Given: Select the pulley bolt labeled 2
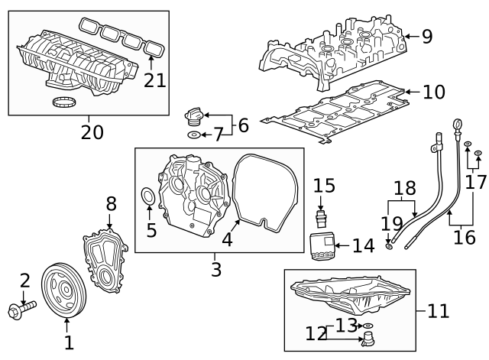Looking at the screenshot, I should [23, 310].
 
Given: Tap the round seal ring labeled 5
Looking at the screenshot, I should [149, 200].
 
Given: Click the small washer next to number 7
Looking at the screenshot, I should [194, 135].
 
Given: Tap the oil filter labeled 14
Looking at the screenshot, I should [322, 246].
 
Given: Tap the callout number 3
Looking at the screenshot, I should [217, 269].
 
